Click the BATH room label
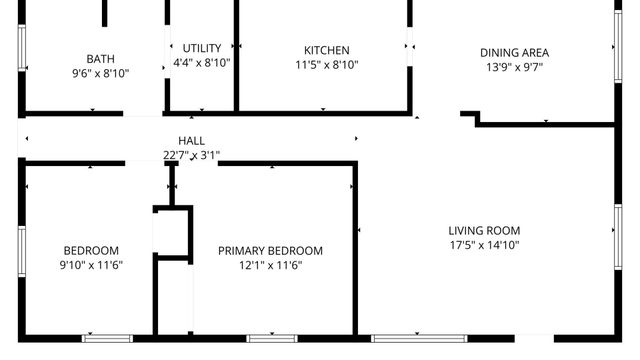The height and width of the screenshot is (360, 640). [x=100, y=59]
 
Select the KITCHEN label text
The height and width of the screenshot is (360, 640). [x=327, y=50]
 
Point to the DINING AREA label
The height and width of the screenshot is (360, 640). [x=514, y=53]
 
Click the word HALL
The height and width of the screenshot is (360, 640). [x=191, y=141]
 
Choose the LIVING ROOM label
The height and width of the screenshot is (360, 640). [x=484, y=231]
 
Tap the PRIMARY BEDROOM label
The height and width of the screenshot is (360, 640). [x=270, y=251]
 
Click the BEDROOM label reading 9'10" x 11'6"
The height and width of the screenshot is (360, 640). [x=91, y=251]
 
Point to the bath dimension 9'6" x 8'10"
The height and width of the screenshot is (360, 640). [x=100, y=73]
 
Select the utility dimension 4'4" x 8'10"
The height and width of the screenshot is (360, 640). [x=202, y=63]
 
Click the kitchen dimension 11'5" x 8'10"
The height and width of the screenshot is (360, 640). [x=327, y=64]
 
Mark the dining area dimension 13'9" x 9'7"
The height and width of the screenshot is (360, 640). [x=514, y=67]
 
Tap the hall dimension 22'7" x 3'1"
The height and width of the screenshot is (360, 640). [x=191, y=155]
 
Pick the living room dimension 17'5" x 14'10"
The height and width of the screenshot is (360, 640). [x=484, y=245]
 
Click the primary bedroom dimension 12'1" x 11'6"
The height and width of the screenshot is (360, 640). [x=270, y=265]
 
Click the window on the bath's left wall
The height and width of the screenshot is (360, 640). [x=21, y=48]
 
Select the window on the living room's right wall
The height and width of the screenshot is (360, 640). [x=617, y=230]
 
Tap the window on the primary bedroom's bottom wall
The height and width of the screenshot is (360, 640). [x=272, y=338]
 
